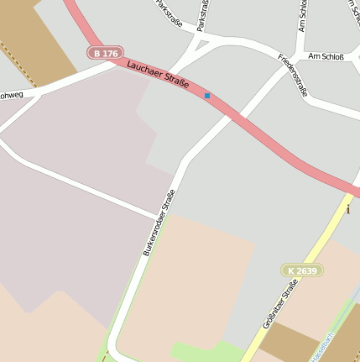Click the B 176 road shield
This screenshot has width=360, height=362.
(105, 53)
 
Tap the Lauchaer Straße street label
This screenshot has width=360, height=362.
(159, 76)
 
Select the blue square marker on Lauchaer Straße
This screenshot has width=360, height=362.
(207, 96)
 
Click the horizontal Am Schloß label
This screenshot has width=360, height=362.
(326, 55)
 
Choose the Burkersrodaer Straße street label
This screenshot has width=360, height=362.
(159, 223)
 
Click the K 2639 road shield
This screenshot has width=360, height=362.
(301, 270)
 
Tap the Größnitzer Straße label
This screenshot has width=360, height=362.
(280, 306)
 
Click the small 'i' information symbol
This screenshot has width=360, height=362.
(348, 209)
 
